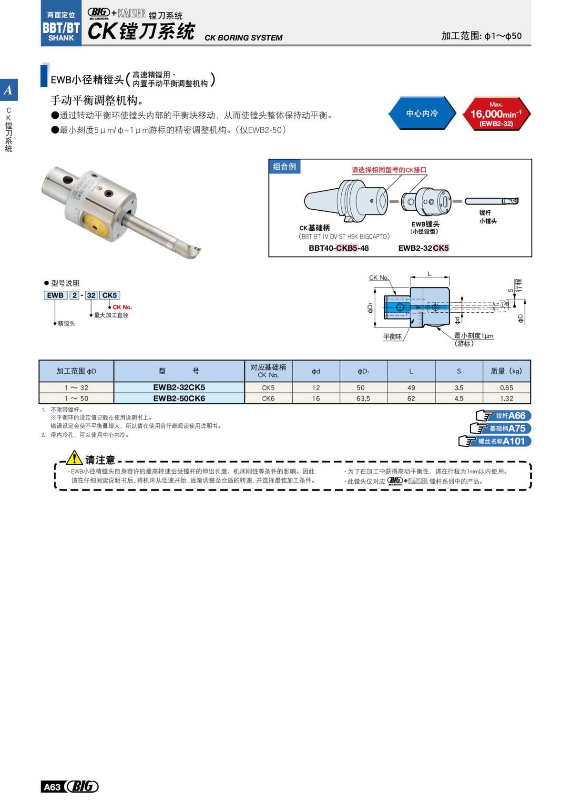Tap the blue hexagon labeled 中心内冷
pyautogui.click(x=422, y=113)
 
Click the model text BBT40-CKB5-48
pyautogui.click(x=338, y=248)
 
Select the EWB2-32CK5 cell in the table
pyautogui.click(x=179, y=388)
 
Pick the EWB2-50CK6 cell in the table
pyautogui.click(x=179, y=399)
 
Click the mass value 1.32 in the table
pyautogui.click(x=506, y=399)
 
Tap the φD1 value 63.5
pyautogui.click(x=363, y=399)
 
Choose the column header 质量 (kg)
pyautogui.click(x=506, y=371)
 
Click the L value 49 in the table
pyautogui.click(x=411, y=388)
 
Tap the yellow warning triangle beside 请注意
pyautogui.click(x=74, y=458)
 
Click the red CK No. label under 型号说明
pyautogui.click(x=122, y=307)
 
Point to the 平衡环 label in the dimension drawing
pyautogui.click(x=392, y=337)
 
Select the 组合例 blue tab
pyautogui.click(x=285, y=166)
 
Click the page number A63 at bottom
pyautogui.click(x=52, y=787)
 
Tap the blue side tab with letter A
pyautogui.click(x=9, y=90)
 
